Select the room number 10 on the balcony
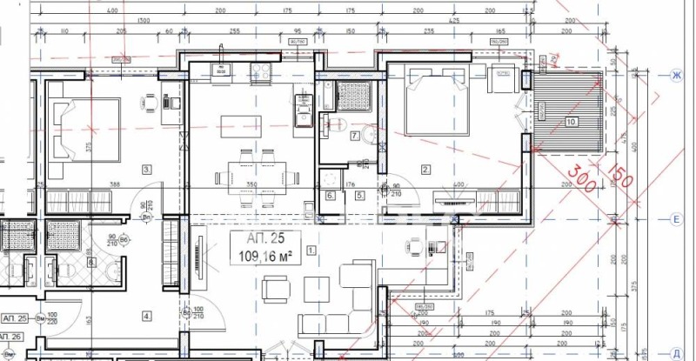(x=571, y=122)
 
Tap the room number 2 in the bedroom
(x=425, y=170)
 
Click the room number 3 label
(x=147, y=170)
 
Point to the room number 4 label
(x=147, y=316)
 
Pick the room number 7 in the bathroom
(x=354, y=136)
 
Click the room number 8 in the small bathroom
(x=90, y=263)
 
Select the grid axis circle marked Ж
(x=674, y=77)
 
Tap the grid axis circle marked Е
(x=674, y=220)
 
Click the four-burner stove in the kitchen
(x=260, y=70)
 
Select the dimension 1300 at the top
(x=144, y=20)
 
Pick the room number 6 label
(x=331, y=196)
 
